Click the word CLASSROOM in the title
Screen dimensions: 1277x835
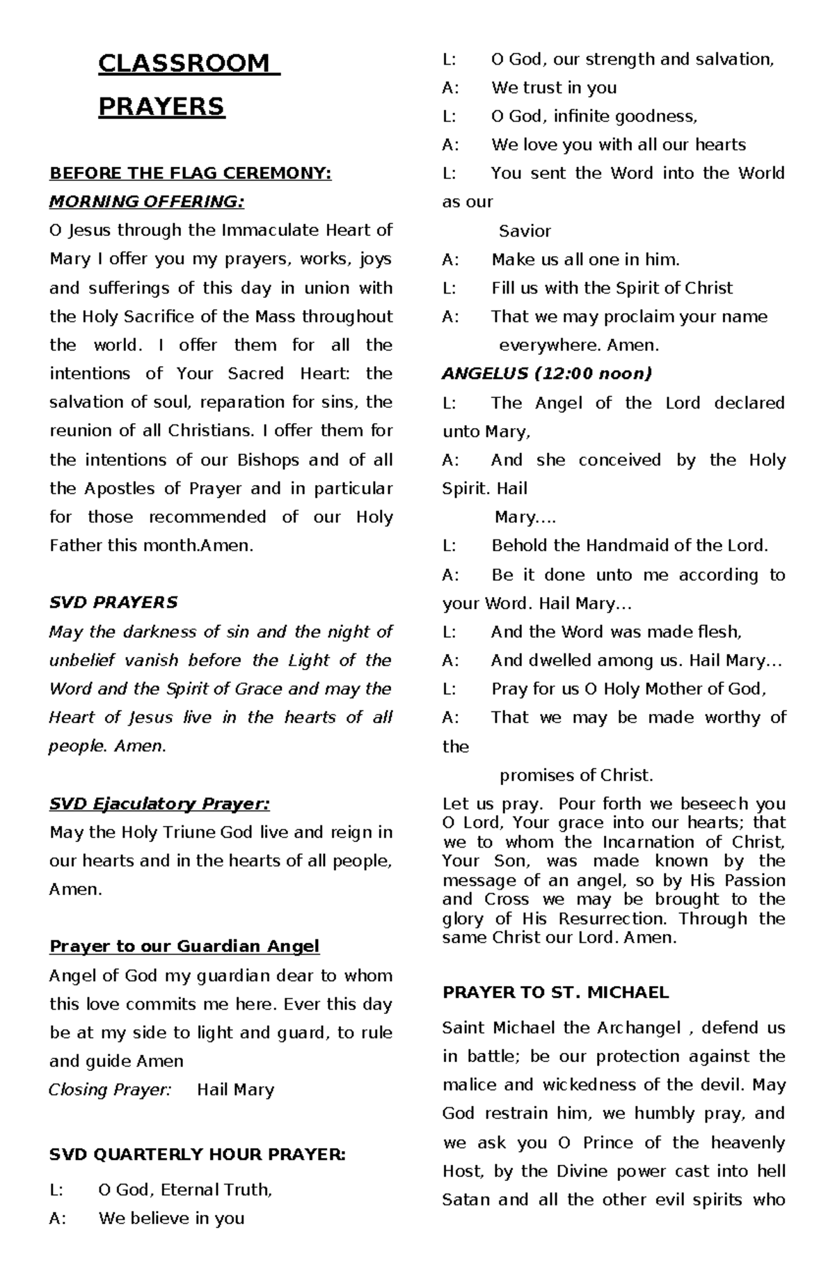tap(184, 63)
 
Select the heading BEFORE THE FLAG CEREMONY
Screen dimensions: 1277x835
tap(190, 173)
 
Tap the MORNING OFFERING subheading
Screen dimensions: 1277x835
tap(147, 202)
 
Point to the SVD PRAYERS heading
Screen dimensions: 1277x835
tap(113, 603)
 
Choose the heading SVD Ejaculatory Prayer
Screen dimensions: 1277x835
tap(159, 804)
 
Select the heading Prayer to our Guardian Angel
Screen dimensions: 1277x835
tap(184, 946)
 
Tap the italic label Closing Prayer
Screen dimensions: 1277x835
tap(110, 1090)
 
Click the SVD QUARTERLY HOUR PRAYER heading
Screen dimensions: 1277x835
tap(197, 1155)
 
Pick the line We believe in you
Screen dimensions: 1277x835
tap(171, 1219)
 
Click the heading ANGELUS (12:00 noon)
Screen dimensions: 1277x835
tap(547, 374)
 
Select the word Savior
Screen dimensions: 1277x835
tap(525, 231)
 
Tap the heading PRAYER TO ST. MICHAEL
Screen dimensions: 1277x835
tap(555, 992)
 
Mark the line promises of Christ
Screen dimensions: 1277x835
tap(576, 775)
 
